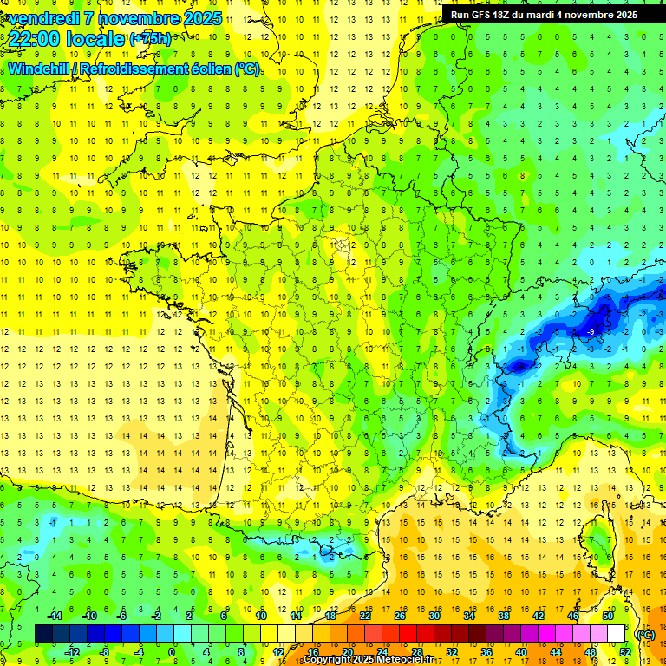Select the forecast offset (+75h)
(150, 39)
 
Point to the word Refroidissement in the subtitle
(139, 69)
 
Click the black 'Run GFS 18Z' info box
(544, 14)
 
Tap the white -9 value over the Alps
(591, 332)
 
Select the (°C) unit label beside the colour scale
(645, 634)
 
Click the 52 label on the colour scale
(624, 651)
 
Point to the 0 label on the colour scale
(172, 651)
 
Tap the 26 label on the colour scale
(400, 616)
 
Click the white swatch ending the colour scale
(617, 634)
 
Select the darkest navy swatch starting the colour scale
(43, 634)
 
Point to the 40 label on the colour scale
(520, 651)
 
